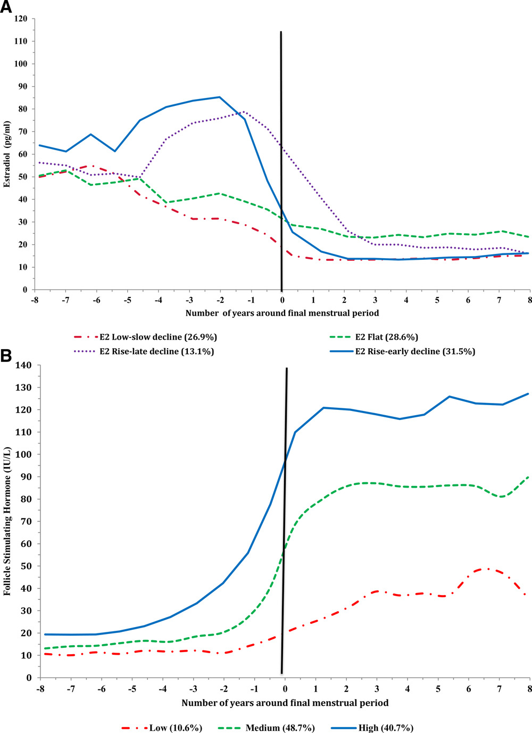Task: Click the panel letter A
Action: [7, 9]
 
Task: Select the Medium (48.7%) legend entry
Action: [280, 728]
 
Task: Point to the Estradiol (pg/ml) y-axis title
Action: [7, 154]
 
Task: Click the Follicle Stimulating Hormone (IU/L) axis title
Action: [7, 521]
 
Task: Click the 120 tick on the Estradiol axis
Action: [21, 19]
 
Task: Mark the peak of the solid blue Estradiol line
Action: [220, 97]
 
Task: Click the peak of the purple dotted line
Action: [244, 112]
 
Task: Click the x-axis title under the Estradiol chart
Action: [282, 313]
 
